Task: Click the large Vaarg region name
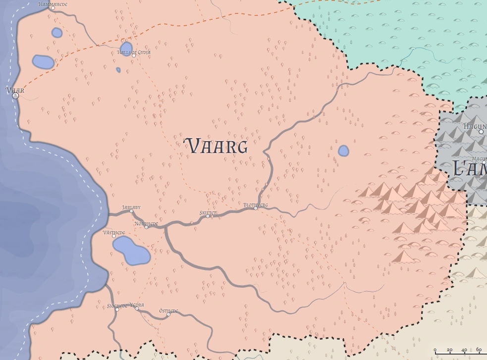point(216,147)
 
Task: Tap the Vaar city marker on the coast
point(15,96)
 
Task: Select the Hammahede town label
point(53,4)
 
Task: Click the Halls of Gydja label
point(134,52)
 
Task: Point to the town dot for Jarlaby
point(131,211)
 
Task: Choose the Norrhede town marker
point(146,227)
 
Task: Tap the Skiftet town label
point(208,212)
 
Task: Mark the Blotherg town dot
point(256,208)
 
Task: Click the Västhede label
point(113,232)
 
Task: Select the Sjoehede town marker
point(117,309)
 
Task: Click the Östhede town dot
point(168,314)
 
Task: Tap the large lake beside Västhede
point(131,251)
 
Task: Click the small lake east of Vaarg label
point(343,151)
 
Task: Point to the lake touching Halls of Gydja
point(126,48)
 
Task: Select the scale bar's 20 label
point(449,350)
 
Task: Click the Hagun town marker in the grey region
point(481,132)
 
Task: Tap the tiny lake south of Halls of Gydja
point(118,70)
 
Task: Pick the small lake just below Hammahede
point(57,33)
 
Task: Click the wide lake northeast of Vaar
point(43,62)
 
